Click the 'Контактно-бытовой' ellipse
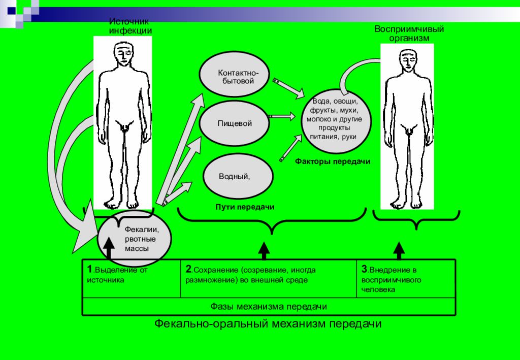pos(234,77)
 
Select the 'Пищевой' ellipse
pos(234,123)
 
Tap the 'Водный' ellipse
pos(238,176)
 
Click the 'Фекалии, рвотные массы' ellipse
pos(134,239)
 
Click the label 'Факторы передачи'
pos(333,161)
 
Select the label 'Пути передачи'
pos(245,207)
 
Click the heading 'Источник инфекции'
pos(131,26)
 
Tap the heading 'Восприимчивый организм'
pos(409,34)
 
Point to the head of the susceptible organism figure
pos(407,60)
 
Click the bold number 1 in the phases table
pos(89,269)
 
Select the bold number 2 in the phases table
pos(188,269)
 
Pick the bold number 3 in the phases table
pos(365,269)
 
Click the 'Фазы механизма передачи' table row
pos(269,306)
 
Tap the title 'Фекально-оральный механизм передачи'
pos(268,323)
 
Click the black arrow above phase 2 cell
pos(264,251)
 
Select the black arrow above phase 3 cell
pos(399,251)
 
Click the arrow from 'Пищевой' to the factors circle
pos(281,116)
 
